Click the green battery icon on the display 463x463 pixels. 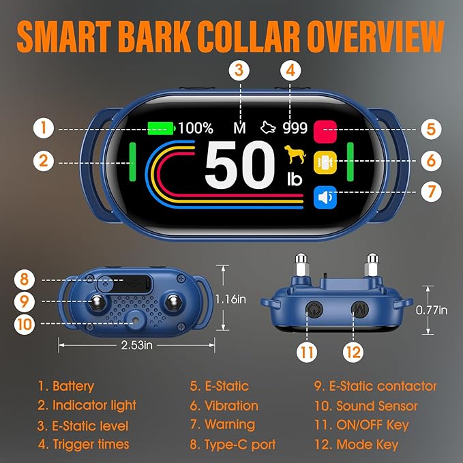161,128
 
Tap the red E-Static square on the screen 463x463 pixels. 325,132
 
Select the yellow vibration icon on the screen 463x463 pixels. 325,162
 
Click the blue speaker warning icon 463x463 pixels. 325,197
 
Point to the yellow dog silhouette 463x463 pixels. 295,154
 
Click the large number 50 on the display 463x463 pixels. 240,164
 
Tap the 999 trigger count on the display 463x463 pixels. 295,128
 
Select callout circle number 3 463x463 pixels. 239,70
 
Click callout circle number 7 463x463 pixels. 432,192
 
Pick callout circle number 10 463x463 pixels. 25,324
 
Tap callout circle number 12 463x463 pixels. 353,352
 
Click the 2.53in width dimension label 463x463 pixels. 136,345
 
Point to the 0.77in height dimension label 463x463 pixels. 432,310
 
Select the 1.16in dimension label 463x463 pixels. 230,299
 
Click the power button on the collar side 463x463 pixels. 314,310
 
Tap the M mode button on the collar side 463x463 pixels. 360,310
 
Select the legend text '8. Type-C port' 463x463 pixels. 233,445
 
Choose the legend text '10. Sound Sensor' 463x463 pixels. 366,406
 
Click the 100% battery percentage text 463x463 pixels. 196,128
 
